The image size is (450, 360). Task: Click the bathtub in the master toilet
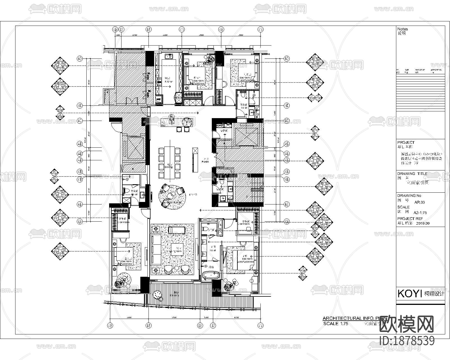click(211, 275)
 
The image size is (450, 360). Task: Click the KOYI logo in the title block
click(409, 293)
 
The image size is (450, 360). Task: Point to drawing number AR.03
click(420, 202)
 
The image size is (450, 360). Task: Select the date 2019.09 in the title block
click(422, 224)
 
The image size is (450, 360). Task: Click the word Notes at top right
click(402, 29)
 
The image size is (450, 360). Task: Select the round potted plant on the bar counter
click(188, 122)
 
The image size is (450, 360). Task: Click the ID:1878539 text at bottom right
click(407, 341)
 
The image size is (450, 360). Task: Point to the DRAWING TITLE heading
click(412, 174)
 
